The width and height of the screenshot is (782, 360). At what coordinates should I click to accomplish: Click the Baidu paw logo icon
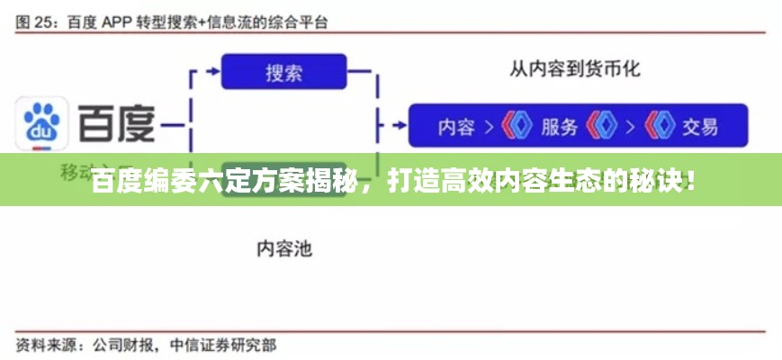(41, 126)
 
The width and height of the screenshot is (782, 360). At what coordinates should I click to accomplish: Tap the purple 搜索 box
(283, 71)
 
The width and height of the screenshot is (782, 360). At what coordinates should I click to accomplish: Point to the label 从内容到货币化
(575, 67)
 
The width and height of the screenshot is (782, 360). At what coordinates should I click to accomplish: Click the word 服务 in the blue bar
(559, 127)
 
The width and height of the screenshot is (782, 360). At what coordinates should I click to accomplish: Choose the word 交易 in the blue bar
(699, 127)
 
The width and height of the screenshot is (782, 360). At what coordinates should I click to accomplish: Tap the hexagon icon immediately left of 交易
(660, 127)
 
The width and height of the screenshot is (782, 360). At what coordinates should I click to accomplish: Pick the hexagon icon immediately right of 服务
(599, 127)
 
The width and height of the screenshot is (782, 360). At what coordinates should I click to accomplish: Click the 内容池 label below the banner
(284, 248)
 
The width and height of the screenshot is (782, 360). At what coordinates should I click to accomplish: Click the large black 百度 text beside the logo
(117, 125)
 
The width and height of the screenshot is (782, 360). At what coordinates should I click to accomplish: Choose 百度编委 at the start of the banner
(134, 181)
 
